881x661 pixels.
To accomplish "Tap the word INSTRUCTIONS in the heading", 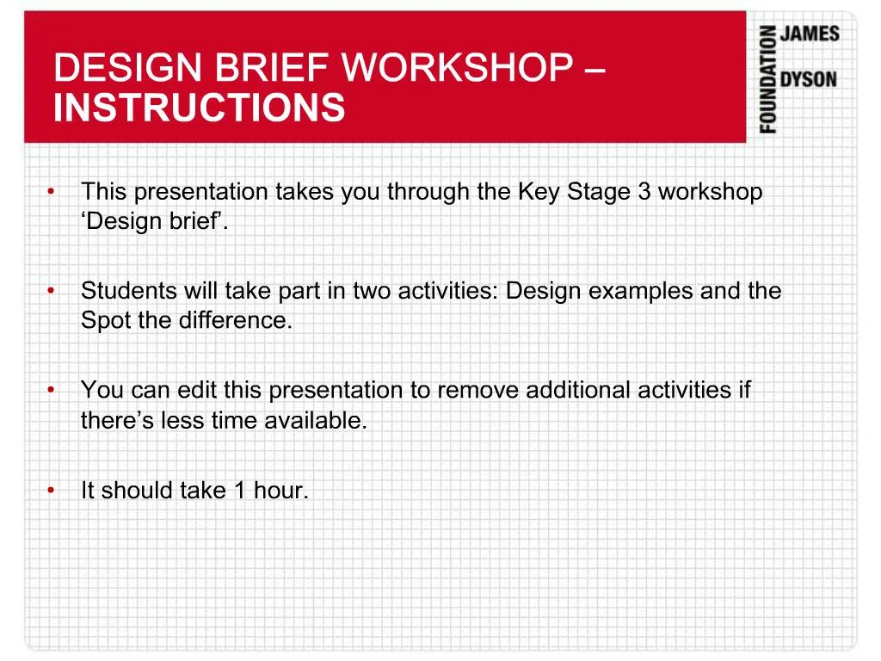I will pyautogui.click(x=199, y=109).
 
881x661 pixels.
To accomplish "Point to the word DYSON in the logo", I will pyautogui.click(x=808, y=79).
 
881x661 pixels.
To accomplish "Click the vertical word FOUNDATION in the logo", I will pyautogui.click(x=767, y=79).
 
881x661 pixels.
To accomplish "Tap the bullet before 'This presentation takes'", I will pyautogui.click(x=52, y=192).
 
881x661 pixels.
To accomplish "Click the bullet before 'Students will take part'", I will pyautogui.click(x=52, y=291).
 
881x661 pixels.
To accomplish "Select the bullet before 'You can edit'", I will pyautogui.click(x=52, y=391).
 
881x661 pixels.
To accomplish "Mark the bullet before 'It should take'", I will pyautogui.click(x=52, y=491).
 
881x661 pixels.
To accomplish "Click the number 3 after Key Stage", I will pyautogui.click(x=644, y=192).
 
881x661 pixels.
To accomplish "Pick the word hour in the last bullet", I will pyautogui.click(x=280, y=491).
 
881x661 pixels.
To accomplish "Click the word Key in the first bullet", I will pyautogui.click(x=539, y=192).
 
